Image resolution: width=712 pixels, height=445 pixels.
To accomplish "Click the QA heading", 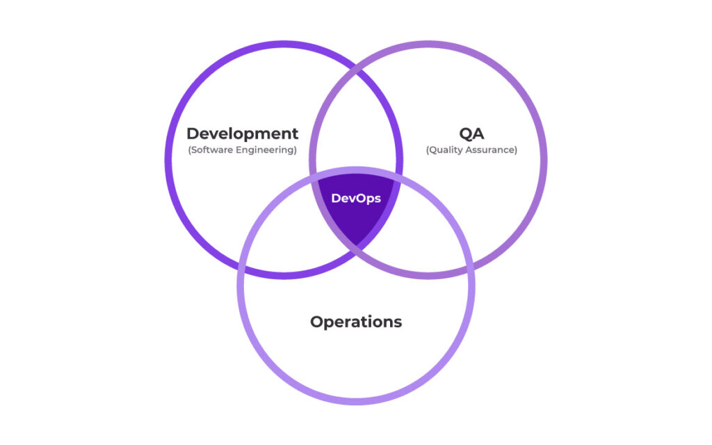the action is point(472,134).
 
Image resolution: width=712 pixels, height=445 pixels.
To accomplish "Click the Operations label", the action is point(356,322).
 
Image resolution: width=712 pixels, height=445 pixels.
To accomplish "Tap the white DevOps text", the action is point(356,198).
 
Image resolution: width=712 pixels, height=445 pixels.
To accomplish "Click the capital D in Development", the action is point(193,134).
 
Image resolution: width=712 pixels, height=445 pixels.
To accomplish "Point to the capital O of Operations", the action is point(317,322).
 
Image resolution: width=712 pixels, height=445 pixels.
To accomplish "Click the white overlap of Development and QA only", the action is point(356,132).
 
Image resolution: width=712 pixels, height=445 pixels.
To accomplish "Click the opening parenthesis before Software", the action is point(189,150).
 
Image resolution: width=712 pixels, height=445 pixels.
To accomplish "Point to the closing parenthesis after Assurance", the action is point(516,150).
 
